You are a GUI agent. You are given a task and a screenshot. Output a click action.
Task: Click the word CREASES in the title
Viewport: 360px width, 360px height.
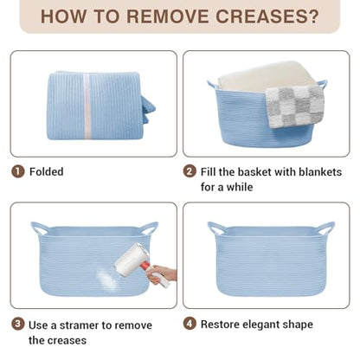(x=267, y=16)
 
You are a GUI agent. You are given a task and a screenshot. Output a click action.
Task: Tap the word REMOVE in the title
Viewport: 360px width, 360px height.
(x=167, y=16)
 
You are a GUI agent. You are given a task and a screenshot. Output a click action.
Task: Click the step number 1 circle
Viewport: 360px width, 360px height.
(x=17, y=171)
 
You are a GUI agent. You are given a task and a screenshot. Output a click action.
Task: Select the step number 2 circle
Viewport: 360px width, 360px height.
(x=190, y=171)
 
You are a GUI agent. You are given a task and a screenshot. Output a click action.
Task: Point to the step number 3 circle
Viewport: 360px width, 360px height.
(x=17, y=324)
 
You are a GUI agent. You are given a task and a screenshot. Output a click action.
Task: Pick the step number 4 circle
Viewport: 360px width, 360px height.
(x=190, y=324)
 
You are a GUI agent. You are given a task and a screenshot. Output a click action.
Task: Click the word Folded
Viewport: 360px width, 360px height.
(x=47, y=171)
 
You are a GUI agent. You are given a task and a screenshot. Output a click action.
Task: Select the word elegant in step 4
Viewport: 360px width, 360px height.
(x=260, y=325)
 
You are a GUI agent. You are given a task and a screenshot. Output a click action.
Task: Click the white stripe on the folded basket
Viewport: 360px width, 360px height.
(x=87, y=106)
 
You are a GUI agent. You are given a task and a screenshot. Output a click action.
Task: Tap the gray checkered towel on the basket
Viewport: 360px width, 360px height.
(x=294, y=106)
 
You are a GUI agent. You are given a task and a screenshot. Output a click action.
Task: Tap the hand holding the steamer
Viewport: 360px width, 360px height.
(x=162, y=274)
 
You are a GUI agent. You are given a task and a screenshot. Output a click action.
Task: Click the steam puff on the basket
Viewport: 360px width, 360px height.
(x=106, y=279)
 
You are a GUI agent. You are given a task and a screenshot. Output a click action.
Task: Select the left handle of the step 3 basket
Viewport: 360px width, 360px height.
(x=40, y=228)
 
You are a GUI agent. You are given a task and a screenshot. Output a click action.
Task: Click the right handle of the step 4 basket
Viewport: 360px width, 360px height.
(x=326, y=228)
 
